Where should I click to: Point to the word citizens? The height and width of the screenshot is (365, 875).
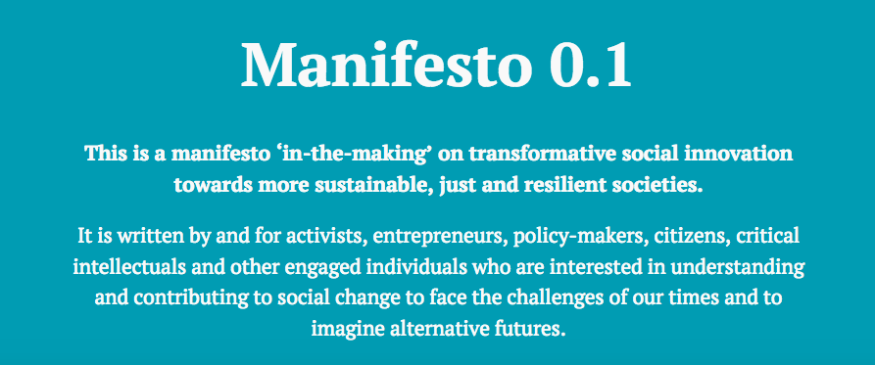pyautogui.click(x=653, y=237)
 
